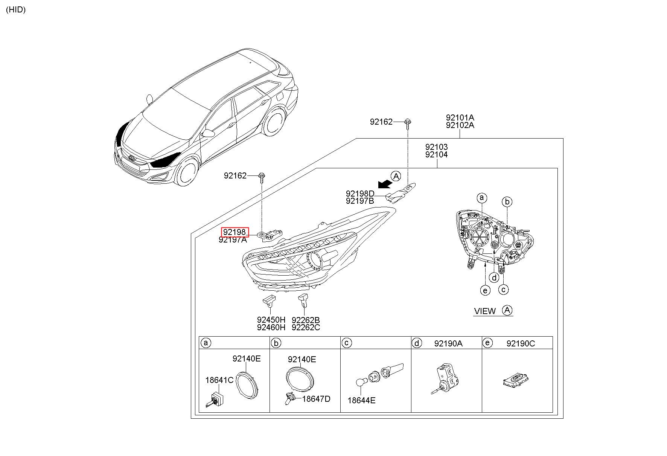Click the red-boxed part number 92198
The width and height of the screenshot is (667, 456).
coord(235,232)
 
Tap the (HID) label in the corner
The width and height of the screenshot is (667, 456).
coord(16,10)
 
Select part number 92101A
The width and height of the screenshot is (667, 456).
coord(460,117)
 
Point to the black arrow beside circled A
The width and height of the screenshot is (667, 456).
coord(385,183)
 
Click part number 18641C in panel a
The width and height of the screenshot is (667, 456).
coord(219,380)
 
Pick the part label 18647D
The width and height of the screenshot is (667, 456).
coord(316,399)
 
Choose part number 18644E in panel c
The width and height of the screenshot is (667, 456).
coord(361,400)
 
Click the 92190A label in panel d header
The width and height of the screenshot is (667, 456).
coord(448,343)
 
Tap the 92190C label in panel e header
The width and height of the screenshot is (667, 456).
coord(520,343)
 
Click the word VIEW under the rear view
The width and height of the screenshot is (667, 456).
coord(485,311)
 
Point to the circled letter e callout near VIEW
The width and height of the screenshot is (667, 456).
coord(485,290)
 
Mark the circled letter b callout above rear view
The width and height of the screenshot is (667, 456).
coord(507,202)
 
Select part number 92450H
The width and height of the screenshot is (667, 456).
coord(271,320)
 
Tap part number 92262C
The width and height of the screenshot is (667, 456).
coord(306,328)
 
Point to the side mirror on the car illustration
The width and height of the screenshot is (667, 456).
coord(208,133)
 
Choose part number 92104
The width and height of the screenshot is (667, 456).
coord(436,154)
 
